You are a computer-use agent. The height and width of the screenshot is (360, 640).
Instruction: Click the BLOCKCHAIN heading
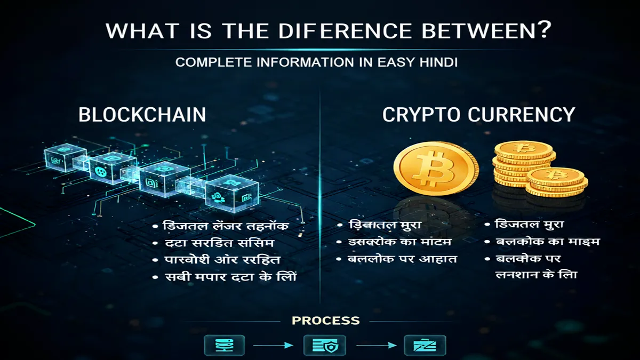click(x=142, y=115)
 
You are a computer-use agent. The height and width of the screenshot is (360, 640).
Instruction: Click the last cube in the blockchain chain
click(x=232, y=194)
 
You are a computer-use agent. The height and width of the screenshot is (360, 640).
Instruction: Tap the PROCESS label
click(x=325, y=321)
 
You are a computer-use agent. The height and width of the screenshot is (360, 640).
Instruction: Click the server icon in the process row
click(x=225, y=346)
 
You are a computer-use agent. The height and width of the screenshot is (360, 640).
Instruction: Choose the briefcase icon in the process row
click(x=425, y=346)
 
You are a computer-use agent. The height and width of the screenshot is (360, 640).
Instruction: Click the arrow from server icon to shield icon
click(x=273, y=346)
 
